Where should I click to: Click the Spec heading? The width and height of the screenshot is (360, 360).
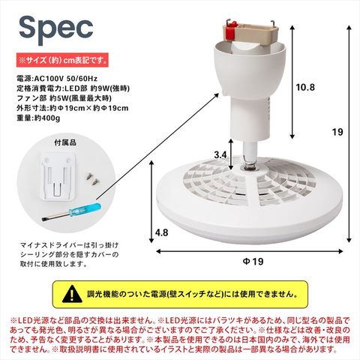point(56,29)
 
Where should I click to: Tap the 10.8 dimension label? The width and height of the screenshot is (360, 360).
point(305,87)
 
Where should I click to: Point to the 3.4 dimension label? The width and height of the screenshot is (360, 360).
point(220,155)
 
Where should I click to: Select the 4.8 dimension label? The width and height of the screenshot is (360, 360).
point(161,232)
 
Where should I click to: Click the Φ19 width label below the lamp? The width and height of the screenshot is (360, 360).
point(253,262)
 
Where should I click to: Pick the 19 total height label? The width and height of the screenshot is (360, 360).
point(337,132)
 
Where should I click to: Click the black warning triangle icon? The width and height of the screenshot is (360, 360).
point(72,294)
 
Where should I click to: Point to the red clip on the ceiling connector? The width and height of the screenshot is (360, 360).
point(231,31)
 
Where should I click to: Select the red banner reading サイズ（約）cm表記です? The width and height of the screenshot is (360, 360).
point(62,60)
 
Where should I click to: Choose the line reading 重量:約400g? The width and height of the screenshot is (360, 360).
point(38,118)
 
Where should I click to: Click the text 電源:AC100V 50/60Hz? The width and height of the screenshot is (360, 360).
point(57,79)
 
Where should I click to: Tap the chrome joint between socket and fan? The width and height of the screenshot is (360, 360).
point(250,156)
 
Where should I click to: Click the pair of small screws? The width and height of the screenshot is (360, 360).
point(91,178)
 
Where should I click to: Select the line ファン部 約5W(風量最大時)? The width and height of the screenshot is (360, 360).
point(64,98)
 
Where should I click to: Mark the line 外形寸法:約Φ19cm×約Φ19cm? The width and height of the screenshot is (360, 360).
point(73,108)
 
